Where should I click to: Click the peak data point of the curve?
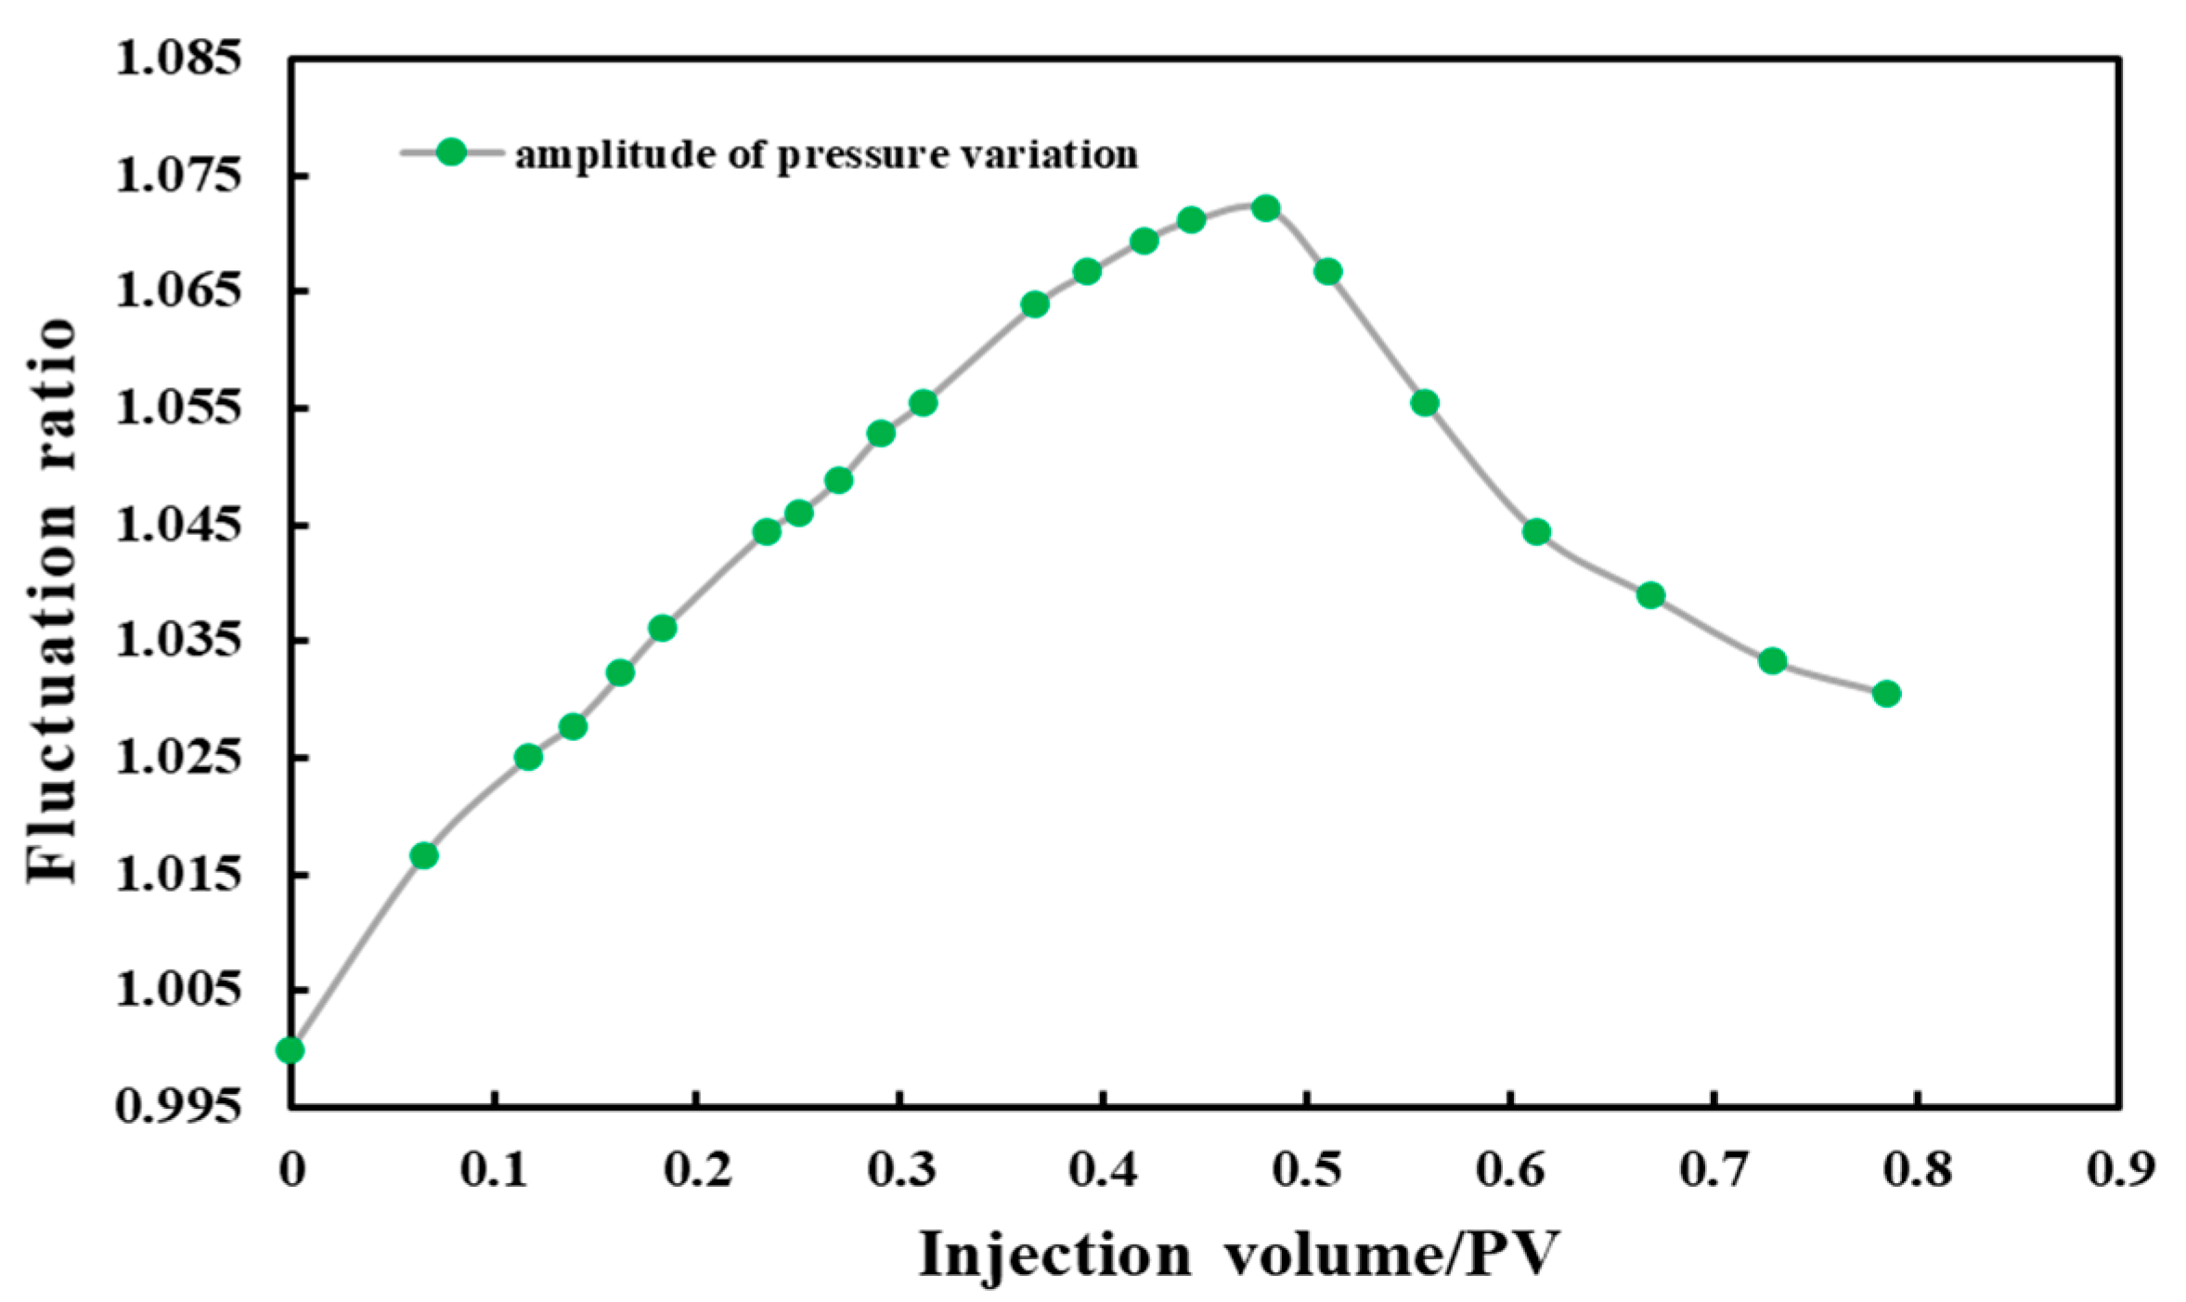coord(1265,208)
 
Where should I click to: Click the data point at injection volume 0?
coord(290,1050)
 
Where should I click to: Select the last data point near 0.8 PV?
coord(1886,694)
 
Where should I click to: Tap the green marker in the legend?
coord(451,152)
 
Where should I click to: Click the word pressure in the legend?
coord(860,155)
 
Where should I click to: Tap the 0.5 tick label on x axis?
coord(1307,1169)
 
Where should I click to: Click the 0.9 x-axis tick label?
coord(2120,1169)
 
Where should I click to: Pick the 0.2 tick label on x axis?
coord(697,1169)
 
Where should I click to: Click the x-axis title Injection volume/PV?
coord(1238,1255)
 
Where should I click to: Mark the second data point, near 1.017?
coord(423,855)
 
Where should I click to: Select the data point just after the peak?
coord(1327,272)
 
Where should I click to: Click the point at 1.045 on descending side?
coord(1536,532)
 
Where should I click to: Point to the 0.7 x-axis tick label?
coord(1714,1169)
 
